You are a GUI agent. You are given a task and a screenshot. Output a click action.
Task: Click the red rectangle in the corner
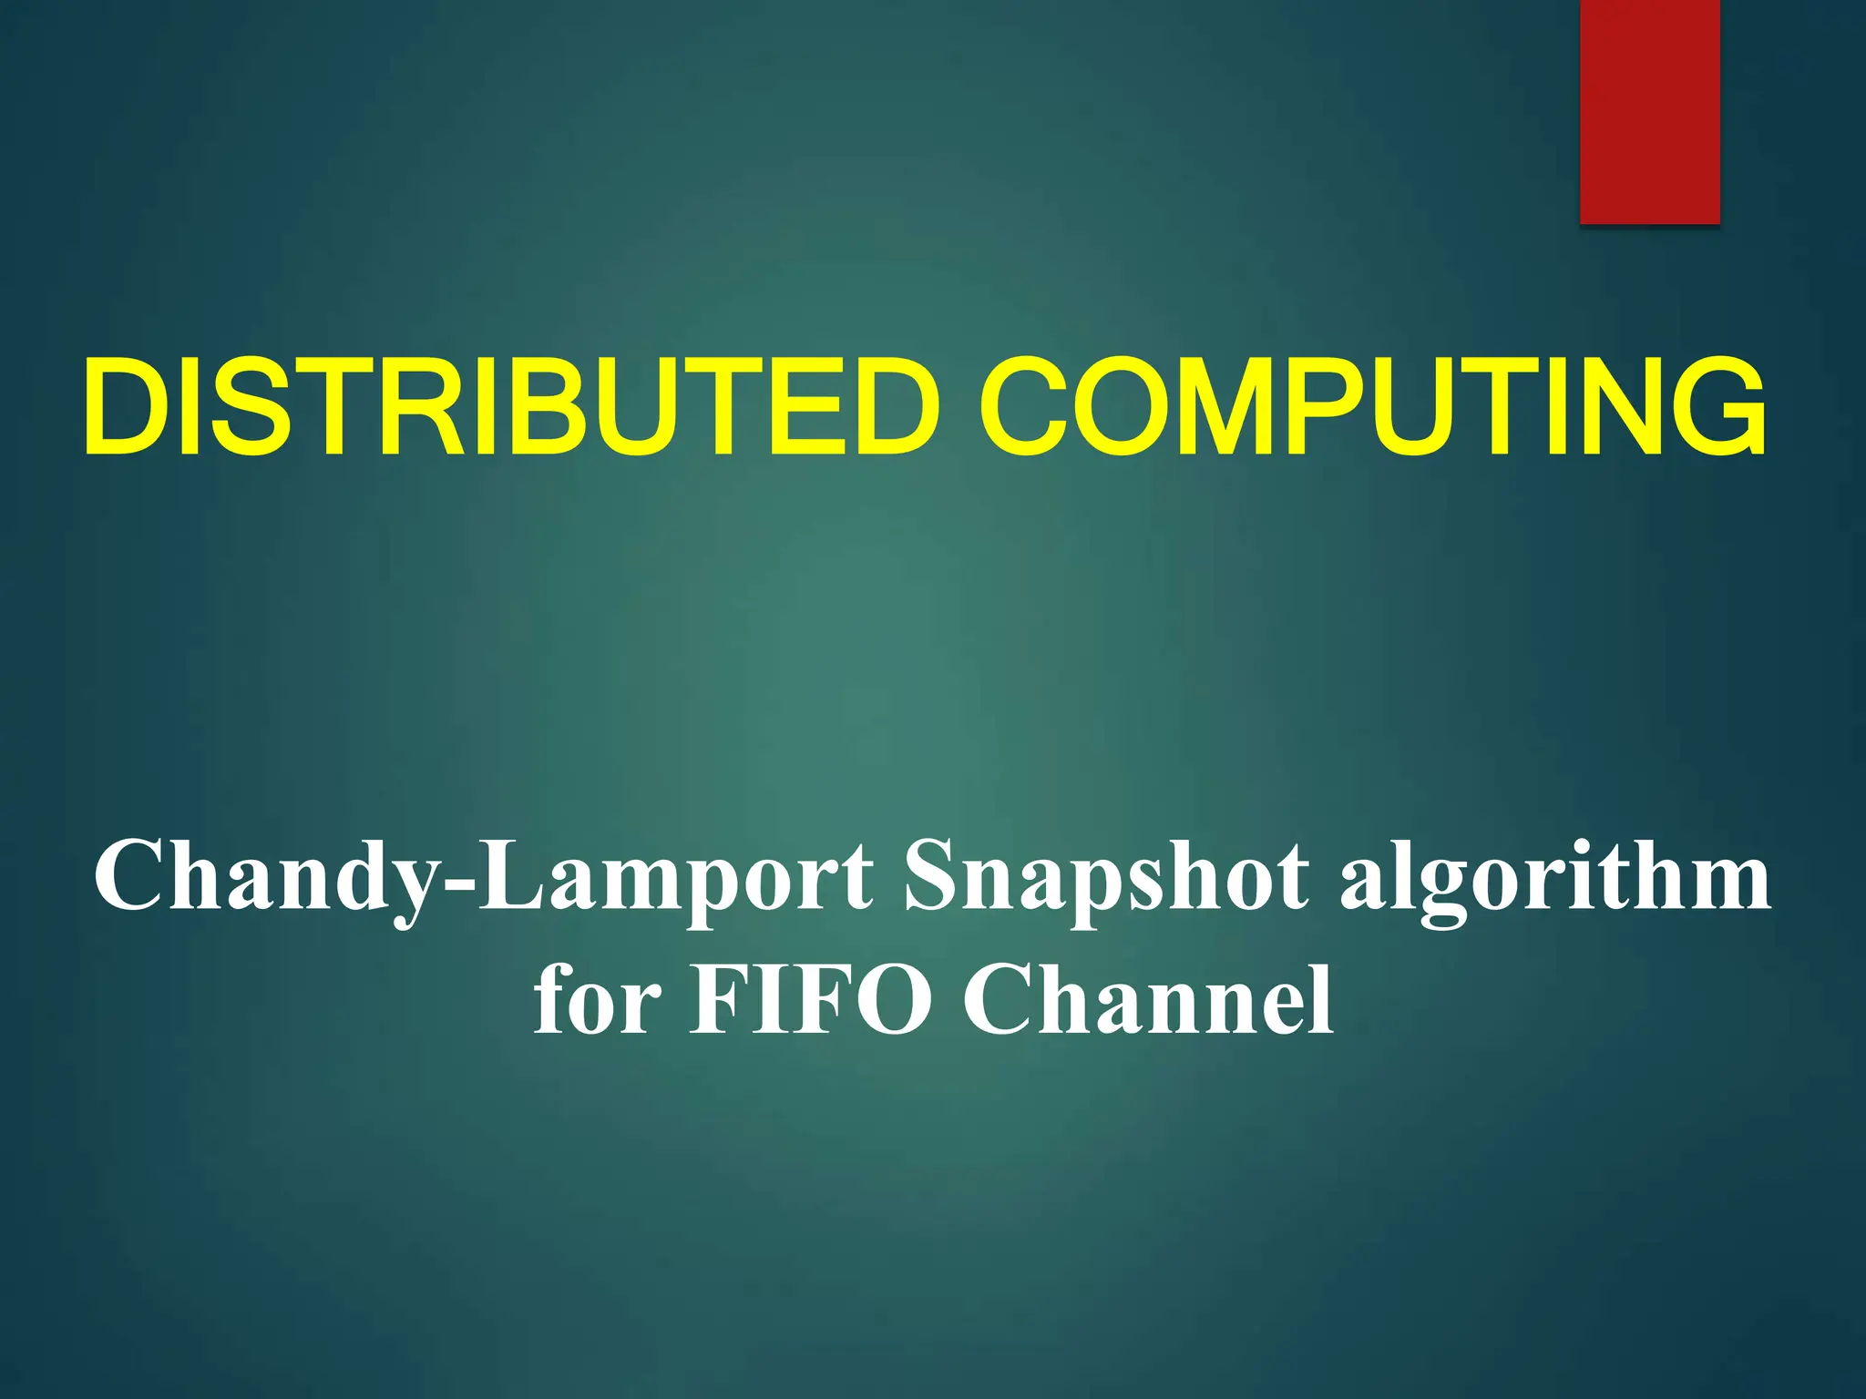point(1649,111)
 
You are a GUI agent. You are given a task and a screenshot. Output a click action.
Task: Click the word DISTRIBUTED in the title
point(510,407)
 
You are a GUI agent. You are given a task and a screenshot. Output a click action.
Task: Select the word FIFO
point(811,999)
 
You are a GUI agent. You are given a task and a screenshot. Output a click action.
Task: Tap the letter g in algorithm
point(1441,888)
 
